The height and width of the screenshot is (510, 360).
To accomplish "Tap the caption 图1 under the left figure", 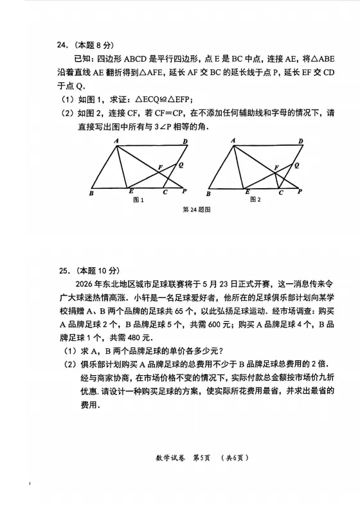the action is click(137, 200).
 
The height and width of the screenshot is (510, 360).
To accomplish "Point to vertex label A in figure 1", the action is click(116, 141).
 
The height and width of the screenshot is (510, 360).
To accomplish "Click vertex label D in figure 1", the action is click(184, 141).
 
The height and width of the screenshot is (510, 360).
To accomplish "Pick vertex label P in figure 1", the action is click(184, 191).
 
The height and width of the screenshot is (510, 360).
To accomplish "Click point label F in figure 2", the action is click(276, 168).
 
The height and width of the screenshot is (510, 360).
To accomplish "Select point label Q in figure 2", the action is click(296, 166).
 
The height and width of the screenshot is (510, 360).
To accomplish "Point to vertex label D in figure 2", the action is click(300, 141).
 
